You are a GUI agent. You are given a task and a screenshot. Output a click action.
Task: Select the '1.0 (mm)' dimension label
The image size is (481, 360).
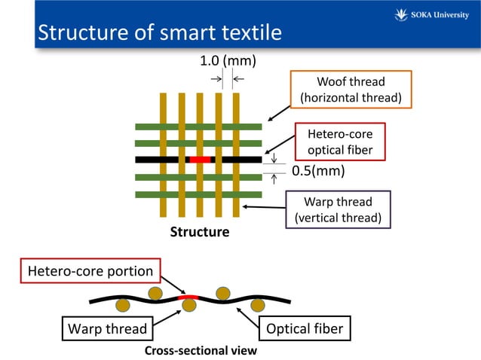227,60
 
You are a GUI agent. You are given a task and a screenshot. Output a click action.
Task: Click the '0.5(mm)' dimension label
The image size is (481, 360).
318,171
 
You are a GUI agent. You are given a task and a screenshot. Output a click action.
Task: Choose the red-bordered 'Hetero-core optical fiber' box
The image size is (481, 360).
340,142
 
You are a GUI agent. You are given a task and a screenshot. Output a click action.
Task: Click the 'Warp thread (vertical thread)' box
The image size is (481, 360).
337,210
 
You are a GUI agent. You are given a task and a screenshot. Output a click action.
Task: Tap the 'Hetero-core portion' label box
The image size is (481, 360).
90,270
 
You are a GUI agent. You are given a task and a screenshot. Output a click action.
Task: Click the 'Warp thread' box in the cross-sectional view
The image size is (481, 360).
107,328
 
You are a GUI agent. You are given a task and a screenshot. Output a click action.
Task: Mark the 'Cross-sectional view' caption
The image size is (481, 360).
201,351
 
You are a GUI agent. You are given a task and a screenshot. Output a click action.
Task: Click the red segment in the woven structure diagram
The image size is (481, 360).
200,160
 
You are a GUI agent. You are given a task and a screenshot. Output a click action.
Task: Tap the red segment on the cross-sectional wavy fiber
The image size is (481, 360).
188,297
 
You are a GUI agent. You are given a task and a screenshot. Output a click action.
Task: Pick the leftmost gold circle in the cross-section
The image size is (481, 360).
122,306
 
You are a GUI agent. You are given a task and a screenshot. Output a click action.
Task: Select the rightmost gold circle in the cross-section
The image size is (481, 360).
258,306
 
